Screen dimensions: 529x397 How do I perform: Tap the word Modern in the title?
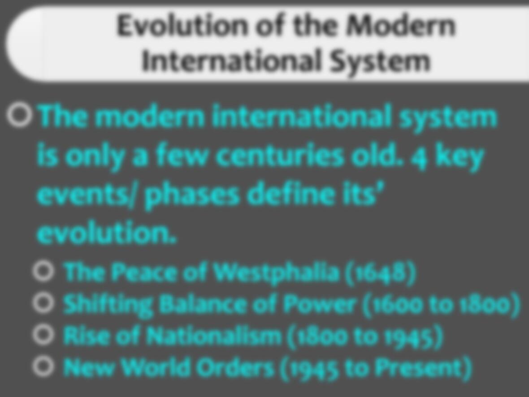pos(402,26)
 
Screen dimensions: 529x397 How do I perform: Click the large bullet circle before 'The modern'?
pos(19,115)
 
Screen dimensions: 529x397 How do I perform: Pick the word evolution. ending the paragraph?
pos(107,233)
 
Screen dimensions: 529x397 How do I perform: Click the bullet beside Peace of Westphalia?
pos(43,271)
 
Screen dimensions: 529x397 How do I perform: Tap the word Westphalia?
pos(277,272)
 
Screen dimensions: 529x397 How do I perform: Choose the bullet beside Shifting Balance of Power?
pos(43,303)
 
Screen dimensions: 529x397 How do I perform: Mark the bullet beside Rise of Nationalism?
pos(43,335)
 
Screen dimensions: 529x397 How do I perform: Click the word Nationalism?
pos(214,336)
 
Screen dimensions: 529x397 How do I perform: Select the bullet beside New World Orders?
pos(43,366)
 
